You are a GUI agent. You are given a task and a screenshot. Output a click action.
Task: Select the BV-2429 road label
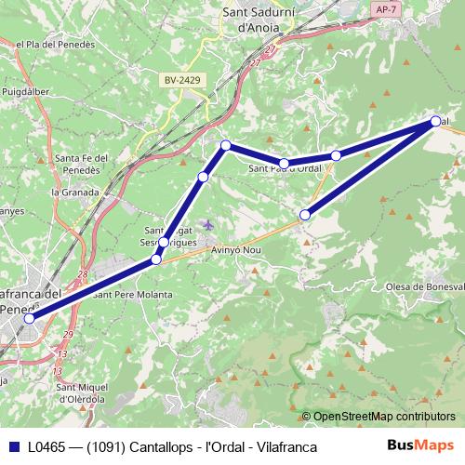pos(182,81)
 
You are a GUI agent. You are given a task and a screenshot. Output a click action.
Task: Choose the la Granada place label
pos(73,193)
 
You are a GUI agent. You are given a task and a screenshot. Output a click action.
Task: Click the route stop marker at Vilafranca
pos(29,318)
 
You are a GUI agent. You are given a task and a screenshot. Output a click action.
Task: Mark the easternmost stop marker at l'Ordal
pos(436,121)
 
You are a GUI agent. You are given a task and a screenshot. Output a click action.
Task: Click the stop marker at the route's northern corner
pos(225,145)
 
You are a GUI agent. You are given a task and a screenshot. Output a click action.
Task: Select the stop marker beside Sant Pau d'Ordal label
pos(284,164)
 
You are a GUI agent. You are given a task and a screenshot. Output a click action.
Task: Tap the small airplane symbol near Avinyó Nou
pos(208,224)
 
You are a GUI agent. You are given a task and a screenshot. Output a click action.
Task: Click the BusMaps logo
pos(419,446)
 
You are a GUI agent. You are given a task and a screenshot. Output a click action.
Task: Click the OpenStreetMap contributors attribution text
pos(383,417)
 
